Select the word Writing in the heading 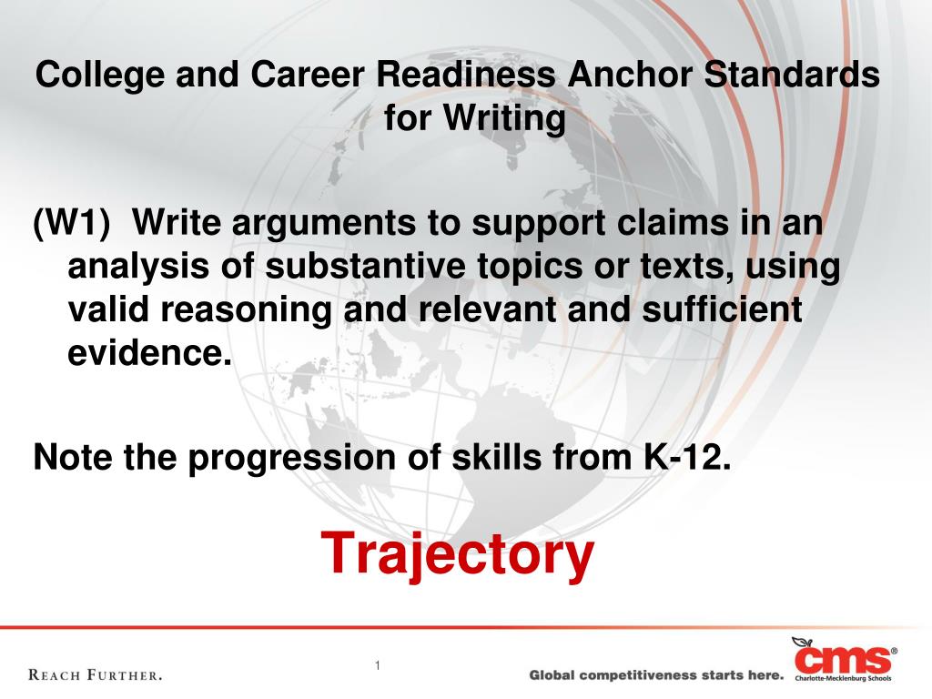pyautogui.click(x=504, y=118)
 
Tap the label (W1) pyautogui.click(x=72, y=223)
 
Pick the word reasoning pyautogui.click(x=246, y=310)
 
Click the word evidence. pyautogui.click(x=149, y=352)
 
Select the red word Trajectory pyautogui.click(x=458, y=554)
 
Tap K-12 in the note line pyautogui.click(x=686, y=457)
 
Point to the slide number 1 pyautogui.click(x=378, y=665)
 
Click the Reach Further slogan pyautogui.click(x=95, y=675)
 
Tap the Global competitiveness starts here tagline pyautogui.click(x=657, y=675)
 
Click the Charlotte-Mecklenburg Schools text pyautogui.click(x=844, y=678)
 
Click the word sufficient pyautogui.click(x=722, y=309)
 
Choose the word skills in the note pyautogui.click(x=497, y=457)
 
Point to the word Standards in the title pyautogui.click(x=792, y=75)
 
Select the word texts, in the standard pyautogui.click(x=687, y=267)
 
